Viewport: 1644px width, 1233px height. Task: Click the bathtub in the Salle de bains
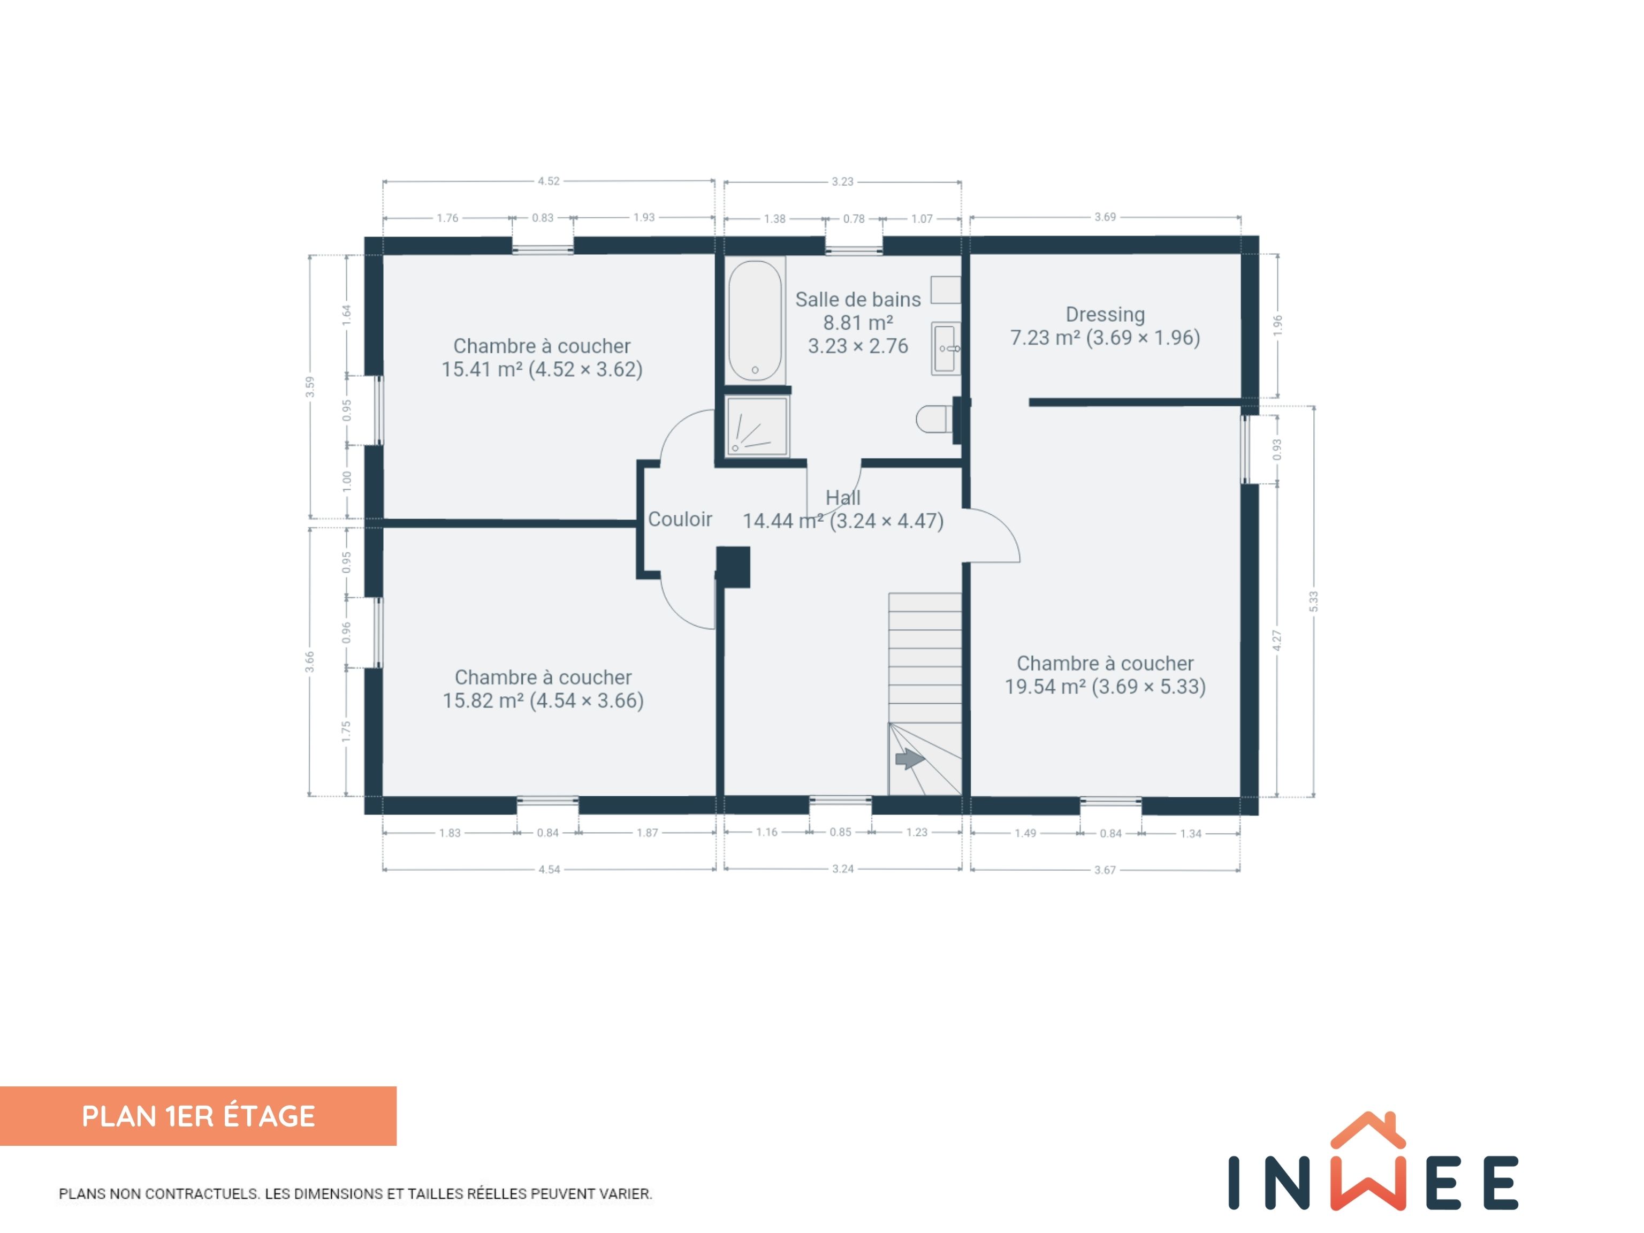coord(755,321)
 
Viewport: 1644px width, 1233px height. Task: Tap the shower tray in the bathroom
coord(757,427)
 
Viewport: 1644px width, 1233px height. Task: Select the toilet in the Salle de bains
coord(934,418)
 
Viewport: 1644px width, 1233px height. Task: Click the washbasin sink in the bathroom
coord(946,348)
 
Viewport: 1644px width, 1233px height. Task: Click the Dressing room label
coord(1105,314)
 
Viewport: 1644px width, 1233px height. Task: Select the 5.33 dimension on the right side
coord(1313,602)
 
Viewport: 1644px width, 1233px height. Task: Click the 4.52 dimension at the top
coord(549,180)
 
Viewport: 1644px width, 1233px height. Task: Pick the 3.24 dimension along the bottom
coord(843,869)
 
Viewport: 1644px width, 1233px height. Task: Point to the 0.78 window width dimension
coord(854,218)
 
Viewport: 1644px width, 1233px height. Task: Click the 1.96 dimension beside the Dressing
coord(1277,325)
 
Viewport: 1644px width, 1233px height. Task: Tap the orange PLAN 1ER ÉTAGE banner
coord(199,1116)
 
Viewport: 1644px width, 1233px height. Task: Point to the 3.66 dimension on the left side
coord(309,661)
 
